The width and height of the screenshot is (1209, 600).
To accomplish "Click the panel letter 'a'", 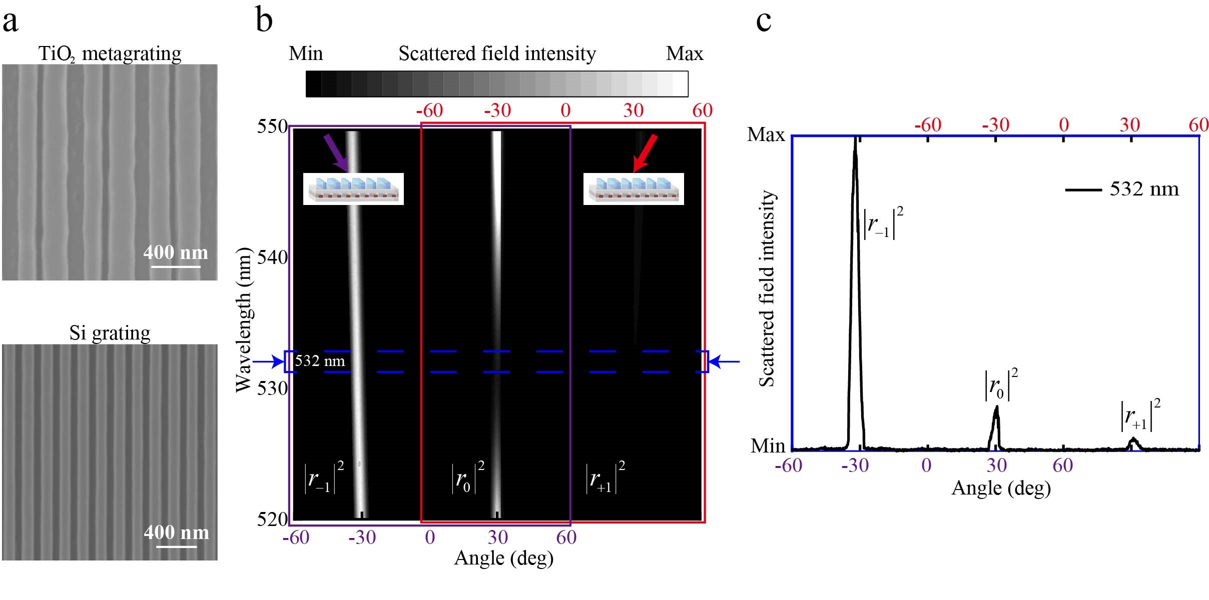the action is click(x=11, y=22).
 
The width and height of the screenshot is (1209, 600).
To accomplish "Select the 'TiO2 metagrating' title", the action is click(x=110, y=53).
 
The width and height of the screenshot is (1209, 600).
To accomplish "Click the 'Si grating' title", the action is click(x=110, y=332).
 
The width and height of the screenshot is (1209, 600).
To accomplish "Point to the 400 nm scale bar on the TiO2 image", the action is click(x=176, y=266).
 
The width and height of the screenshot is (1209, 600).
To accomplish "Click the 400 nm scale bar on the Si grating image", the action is click(x=177, y=546).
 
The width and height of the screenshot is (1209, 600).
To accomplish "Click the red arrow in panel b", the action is click(x=645, y=152).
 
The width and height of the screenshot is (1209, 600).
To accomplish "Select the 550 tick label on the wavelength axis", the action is click(x=272, y=126).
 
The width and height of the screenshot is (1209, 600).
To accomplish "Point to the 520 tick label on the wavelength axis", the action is click(x=272, y=519).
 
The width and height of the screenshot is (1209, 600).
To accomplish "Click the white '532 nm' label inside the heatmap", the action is click(x=320, y=361).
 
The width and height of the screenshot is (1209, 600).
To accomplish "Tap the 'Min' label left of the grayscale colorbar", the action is click(x=306, y=53).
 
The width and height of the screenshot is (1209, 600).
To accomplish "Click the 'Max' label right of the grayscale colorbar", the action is click(x=685, y=53).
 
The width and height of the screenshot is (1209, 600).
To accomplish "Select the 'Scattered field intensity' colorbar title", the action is click(x=497, y=53).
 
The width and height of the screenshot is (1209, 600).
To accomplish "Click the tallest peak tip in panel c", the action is click(x=855, y=137).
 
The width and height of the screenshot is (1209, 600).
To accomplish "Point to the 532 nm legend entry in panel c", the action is click(x=1122, y=189).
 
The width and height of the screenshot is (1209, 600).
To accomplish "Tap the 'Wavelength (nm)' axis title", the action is click(x=244, y=320).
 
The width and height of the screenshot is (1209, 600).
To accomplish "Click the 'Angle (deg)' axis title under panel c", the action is click(x=1001, y=488).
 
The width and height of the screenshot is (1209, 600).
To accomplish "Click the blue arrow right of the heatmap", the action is click(x=725, y=361).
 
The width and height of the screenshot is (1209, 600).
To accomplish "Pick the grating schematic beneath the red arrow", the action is click(x=634, y=189).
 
